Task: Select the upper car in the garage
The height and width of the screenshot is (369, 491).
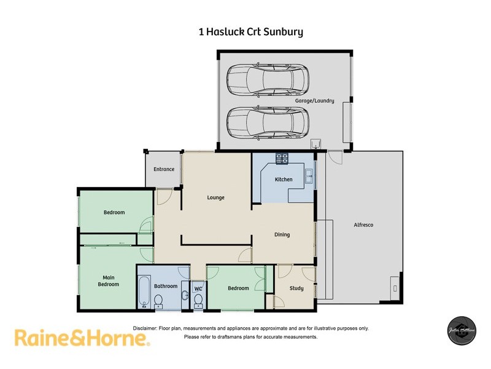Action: click(267, 78)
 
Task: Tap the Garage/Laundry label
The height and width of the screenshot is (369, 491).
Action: click(314, 100)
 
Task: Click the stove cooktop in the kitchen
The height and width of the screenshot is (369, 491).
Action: click(282, 159)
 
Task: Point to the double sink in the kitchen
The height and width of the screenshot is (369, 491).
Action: click(309, 176)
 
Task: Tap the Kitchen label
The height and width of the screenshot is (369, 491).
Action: click(284, 180)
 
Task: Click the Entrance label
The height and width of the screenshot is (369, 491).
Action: click(164, 169)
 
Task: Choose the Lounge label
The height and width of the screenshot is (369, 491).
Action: click(215, 197)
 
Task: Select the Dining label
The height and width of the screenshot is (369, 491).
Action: click(282, 234)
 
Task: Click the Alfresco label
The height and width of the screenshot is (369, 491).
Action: click(363, 225)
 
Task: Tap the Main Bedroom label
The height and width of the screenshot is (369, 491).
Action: click(108, 281)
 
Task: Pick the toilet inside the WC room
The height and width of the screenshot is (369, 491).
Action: click(198, 300)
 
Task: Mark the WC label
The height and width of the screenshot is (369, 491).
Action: click(198, 288)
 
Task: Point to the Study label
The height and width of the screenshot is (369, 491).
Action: click(296, 288)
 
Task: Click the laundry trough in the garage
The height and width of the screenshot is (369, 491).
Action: click(317, 145)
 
